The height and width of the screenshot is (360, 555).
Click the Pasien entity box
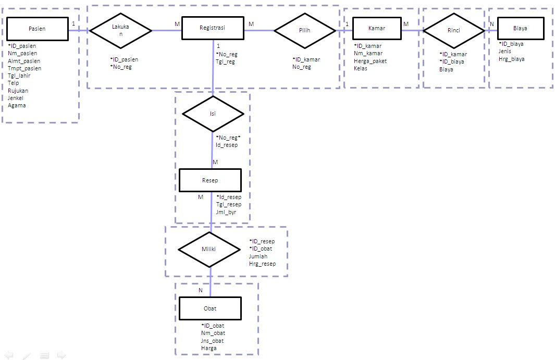point(38,29)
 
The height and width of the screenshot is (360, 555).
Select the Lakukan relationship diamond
point(120,30)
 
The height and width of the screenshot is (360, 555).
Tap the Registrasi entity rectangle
point(213,28)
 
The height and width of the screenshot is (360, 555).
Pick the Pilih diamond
point(305,31)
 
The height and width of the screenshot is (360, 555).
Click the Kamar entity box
point(377,29)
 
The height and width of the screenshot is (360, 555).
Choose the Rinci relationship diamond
point(454,31)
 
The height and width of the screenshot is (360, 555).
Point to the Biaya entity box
point(520,29)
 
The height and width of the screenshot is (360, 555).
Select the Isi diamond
point(213,114)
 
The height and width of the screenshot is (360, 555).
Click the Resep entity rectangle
point(210,180)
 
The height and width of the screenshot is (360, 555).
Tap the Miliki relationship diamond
point(209,249)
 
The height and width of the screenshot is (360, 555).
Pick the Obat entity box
point(210,308)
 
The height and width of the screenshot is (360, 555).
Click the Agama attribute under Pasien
point(17,105)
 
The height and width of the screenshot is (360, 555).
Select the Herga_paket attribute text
point(370,61)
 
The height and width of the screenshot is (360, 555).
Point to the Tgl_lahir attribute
point(19,76)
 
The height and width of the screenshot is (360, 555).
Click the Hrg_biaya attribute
point(511,59)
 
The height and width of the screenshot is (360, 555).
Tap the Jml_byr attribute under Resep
point(226,212)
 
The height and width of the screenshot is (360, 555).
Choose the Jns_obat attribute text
point(212,341)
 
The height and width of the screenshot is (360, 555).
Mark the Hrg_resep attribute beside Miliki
point(262,264)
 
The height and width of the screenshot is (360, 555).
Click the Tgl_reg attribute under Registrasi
point(225,61)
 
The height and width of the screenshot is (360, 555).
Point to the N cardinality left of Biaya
point(491,24)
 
